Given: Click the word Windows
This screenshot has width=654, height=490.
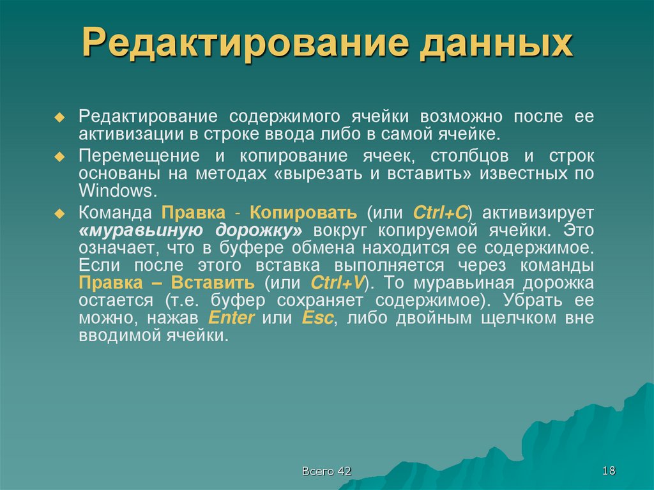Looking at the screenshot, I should (116, 190).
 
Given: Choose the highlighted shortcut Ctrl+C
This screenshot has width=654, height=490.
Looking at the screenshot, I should (441, 212).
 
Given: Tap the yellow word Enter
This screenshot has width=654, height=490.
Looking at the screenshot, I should (232, 318).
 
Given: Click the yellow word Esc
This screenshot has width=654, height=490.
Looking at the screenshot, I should (317, 318).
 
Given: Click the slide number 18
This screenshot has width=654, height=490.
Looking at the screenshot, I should (608, 471).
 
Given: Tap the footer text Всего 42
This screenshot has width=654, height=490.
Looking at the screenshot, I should (326, 471).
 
